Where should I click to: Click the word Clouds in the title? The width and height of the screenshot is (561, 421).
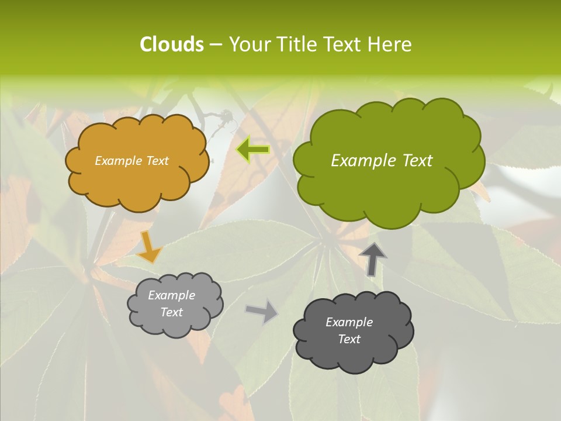coord(172,44)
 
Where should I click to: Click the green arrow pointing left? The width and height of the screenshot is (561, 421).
coord(253,150)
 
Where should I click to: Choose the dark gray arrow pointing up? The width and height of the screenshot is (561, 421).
coord(372,259)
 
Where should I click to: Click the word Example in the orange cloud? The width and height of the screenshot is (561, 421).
coord(119,161)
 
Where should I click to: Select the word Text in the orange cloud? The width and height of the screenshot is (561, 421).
coord(157,161)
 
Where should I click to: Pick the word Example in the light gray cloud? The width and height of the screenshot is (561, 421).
coord(171,295)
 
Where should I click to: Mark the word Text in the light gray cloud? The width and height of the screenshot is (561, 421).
coord(171,312)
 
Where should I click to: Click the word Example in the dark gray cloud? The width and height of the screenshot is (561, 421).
coord(349,322)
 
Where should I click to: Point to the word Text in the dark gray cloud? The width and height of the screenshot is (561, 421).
coord(349,339)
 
